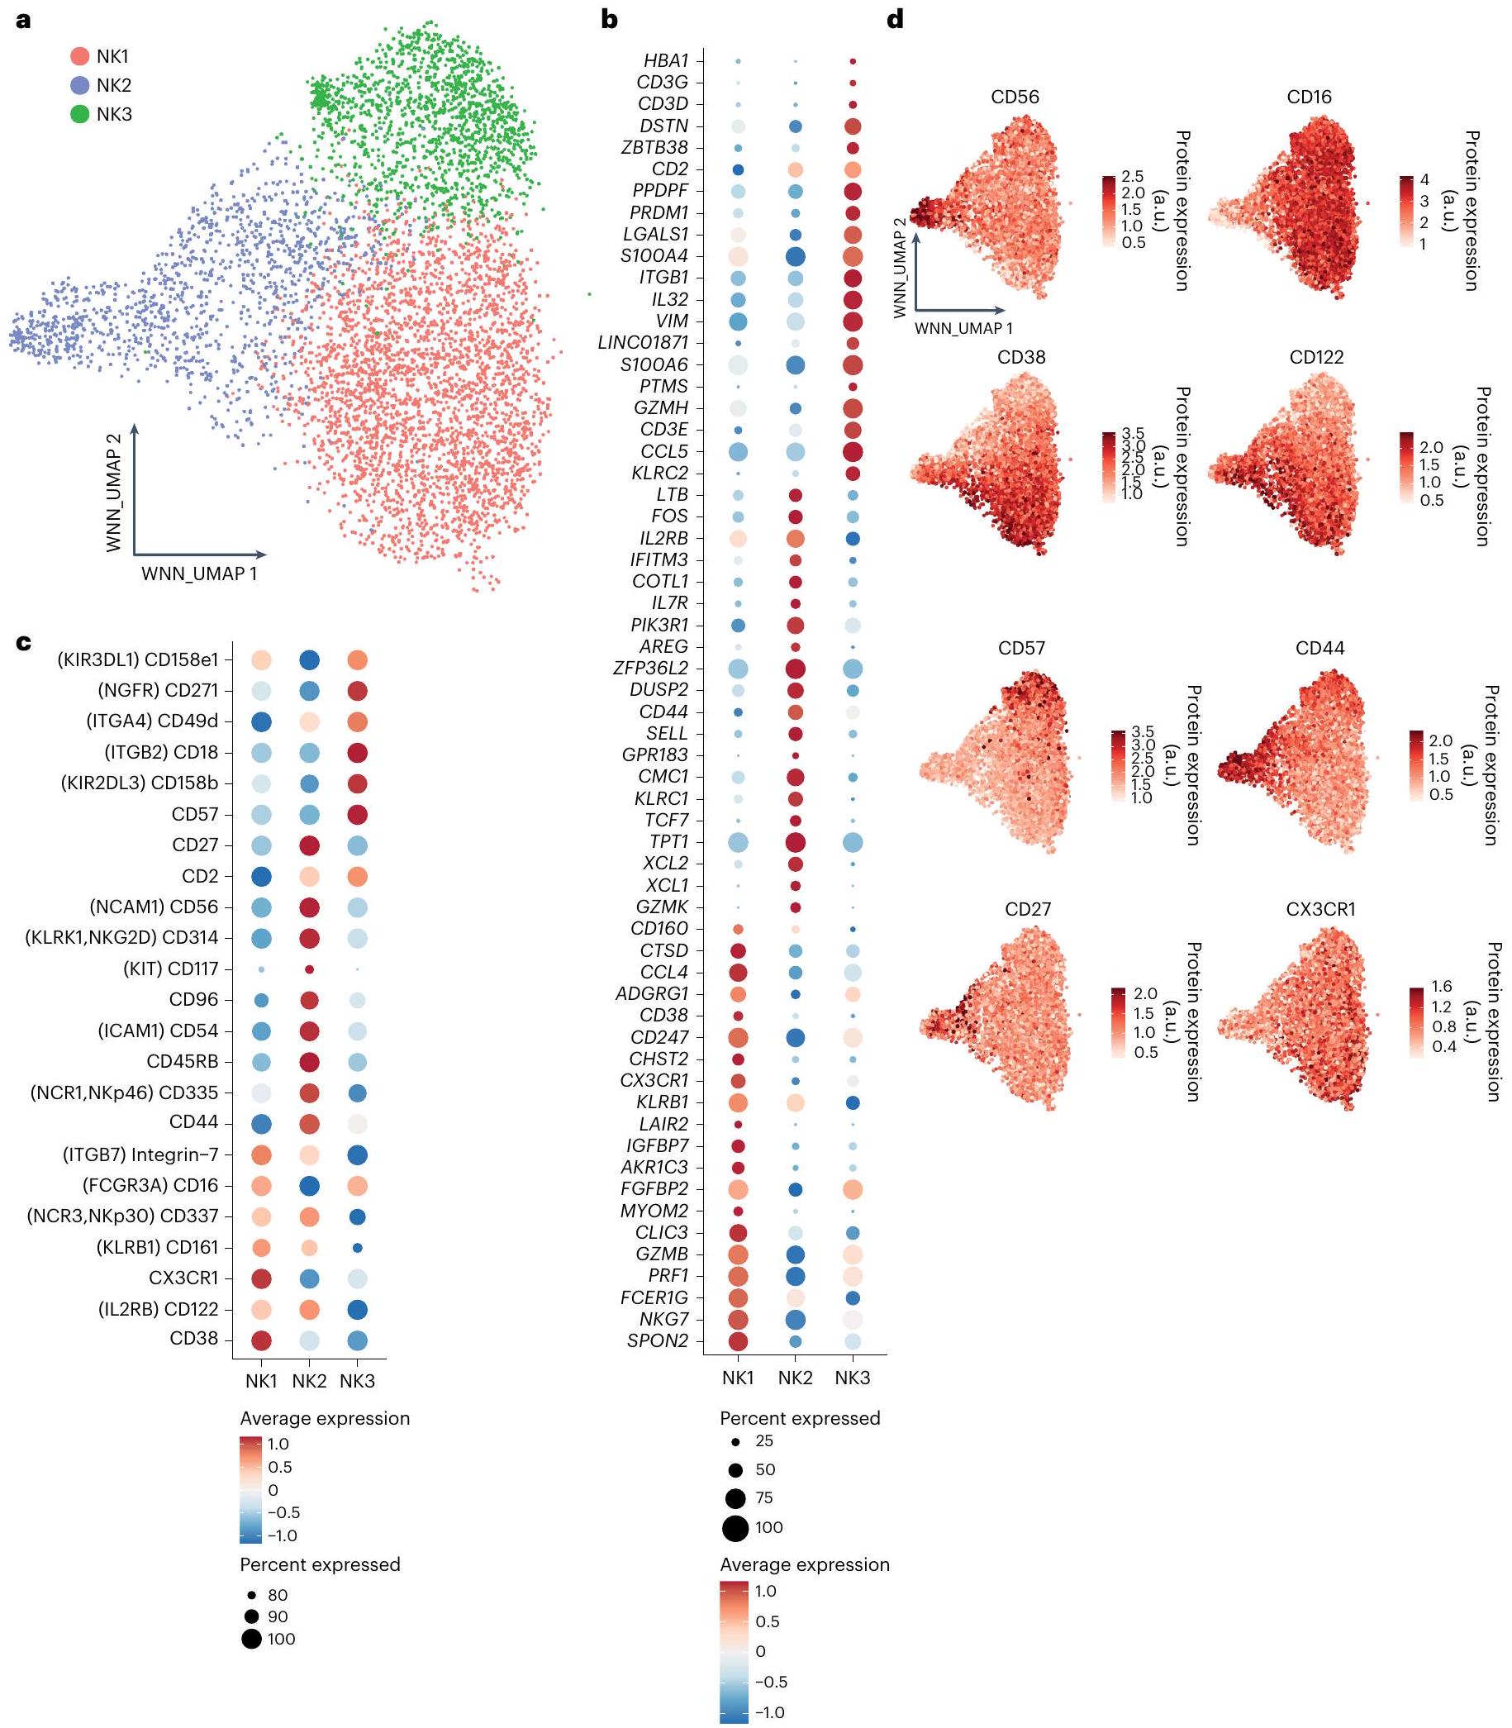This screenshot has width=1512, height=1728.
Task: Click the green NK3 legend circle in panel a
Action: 79,114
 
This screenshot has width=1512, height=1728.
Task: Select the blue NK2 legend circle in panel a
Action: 79,85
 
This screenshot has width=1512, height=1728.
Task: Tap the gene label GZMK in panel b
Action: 663,907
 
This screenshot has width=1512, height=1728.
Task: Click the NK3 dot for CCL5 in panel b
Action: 852,451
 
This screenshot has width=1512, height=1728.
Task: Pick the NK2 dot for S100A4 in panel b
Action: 795,255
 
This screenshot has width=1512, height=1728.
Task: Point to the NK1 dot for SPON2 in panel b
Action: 738,1340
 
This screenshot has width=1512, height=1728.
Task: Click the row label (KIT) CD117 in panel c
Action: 170,969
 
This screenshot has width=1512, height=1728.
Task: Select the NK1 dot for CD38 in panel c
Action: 262,1340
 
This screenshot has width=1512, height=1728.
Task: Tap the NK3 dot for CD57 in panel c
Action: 357,814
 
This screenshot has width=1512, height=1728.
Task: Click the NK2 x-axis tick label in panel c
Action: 309,1381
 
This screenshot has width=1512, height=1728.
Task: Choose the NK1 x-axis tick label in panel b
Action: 738,1378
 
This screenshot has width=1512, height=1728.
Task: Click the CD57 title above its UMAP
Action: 1021,648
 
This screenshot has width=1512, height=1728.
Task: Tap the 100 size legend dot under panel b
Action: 735,1527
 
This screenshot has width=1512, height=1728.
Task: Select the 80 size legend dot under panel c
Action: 250,1596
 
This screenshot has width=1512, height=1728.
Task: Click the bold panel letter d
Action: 895,19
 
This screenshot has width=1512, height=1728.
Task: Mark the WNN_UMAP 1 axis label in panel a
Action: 199,574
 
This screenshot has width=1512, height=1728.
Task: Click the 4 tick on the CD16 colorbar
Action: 1424,179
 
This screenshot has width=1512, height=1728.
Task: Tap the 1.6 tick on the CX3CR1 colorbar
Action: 1442,986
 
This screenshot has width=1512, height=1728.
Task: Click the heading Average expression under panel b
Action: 804,1564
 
